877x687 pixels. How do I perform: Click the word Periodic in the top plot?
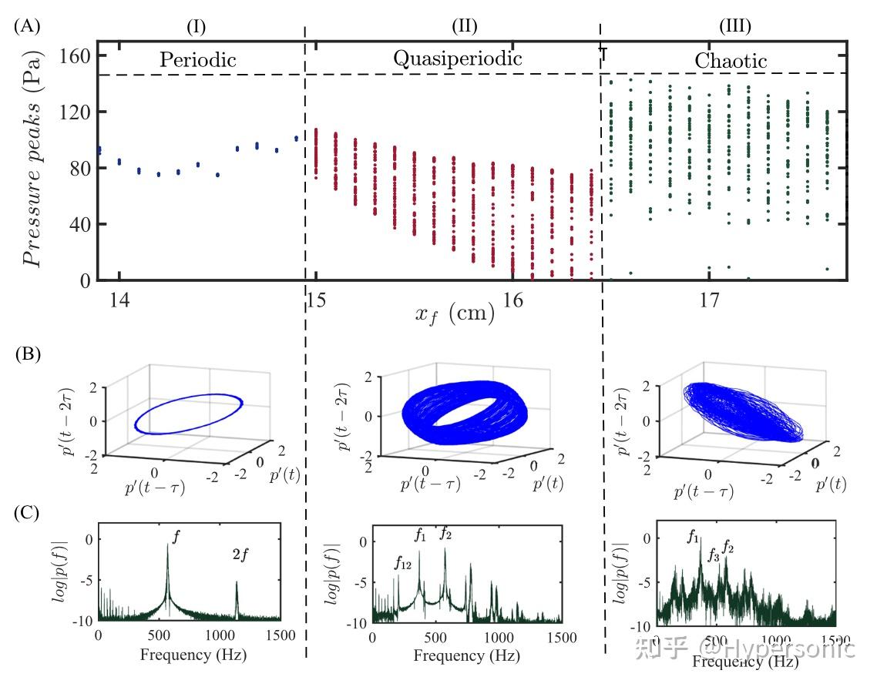tap(197, 60)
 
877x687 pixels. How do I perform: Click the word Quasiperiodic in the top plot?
tap(458, 59)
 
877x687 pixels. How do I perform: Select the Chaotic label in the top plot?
tap(731, 61)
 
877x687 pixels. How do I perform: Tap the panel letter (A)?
tap(25, 26)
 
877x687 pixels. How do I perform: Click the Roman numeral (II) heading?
tap(465, 26)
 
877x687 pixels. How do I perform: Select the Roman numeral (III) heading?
tap(734, 26)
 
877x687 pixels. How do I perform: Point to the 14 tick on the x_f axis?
tap(119, 299)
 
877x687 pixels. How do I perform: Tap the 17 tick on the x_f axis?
tap(709, 299)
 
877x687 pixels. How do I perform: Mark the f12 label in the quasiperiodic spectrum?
tap(402, 564)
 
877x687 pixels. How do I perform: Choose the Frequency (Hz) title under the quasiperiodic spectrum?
tap(466, 655)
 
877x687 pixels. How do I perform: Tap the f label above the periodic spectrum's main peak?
tap(176, 538)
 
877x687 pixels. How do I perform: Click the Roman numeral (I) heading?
tap(197, 26)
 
